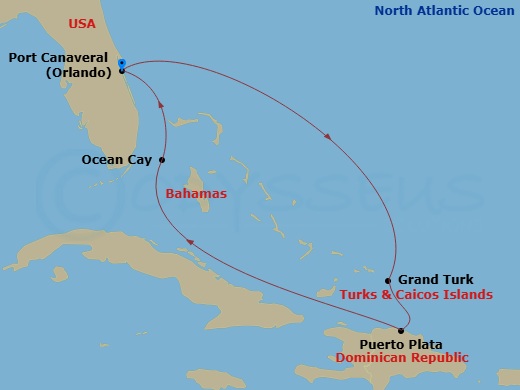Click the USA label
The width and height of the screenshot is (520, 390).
point(82,23)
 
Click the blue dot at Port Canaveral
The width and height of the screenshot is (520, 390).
point(121,64)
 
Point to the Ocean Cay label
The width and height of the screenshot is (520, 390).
point(117,159)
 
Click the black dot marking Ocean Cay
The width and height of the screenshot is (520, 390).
point(161,159)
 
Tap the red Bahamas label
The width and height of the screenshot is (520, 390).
point(196,193)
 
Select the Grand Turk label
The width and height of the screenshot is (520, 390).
point(436,280)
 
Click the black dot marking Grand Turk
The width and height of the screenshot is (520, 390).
point(388,281)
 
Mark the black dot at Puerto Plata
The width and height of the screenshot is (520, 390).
point(401,331)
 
